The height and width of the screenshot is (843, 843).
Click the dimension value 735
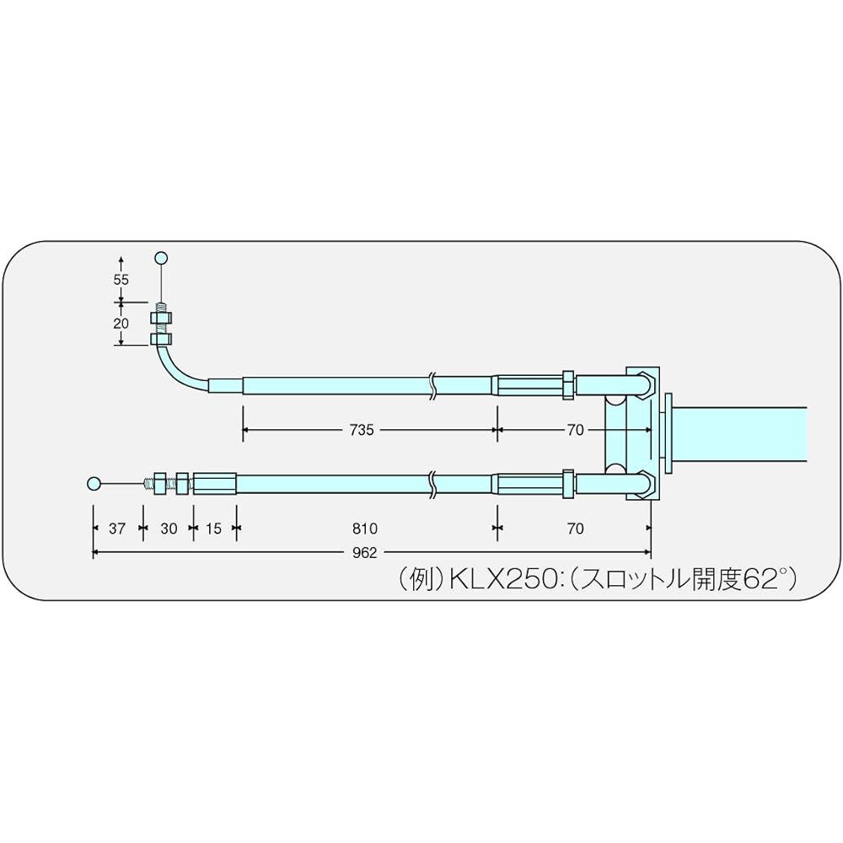(362, 430)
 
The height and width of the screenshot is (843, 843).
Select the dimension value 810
(365, 529)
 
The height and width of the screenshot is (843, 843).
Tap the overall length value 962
(365, 552)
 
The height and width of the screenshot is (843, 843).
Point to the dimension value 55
(121, 280)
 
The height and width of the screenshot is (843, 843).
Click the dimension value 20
(121, 324)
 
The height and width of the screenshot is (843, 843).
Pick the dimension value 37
(116, 529)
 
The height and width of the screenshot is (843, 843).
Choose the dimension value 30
(169, 529)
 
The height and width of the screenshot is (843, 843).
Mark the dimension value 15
(213, 529)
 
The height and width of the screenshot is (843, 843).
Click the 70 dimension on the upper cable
(575, 430)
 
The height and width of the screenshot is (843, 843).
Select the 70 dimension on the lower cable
(575, 529)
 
